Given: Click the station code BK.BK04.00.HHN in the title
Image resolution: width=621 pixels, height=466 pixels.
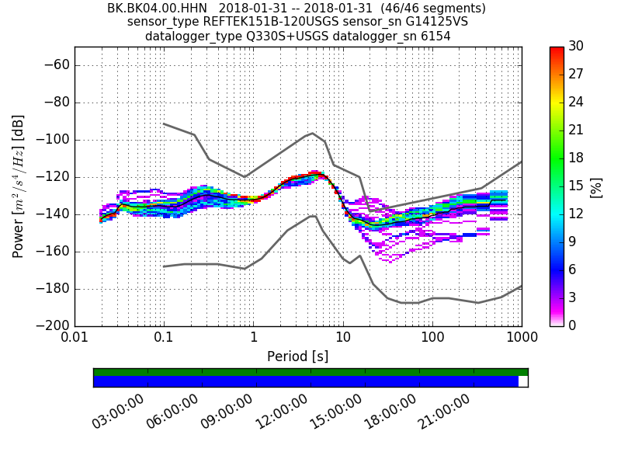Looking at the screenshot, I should [157, 9].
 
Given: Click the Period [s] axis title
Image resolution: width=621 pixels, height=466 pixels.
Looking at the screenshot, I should [298, 356].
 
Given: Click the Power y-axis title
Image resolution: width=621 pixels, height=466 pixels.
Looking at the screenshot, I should [19, 186].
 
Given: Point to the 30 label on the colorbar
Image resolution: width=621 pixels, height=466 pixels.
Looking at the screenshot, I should [575, 47].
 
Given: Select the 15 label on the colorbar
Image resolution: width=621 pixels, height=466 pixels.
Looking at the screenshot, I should [575, 186].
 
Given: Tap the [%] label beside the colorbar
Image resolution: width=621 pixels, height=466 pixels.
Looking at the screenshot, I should [596, 186].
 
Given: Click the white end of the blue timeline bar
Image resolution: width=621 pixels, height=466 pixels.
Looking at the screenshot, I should [523, 381].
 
